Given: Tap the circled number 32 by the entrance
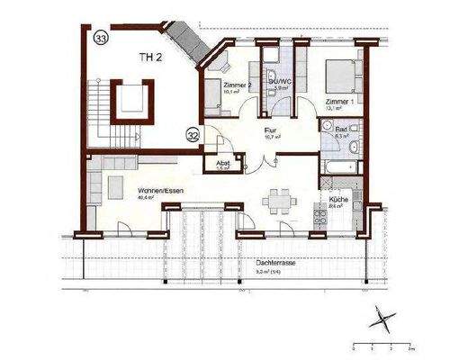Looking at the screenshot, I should pos(193,136).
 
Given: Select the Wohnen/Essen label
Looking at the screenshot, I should pos(155,192).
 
